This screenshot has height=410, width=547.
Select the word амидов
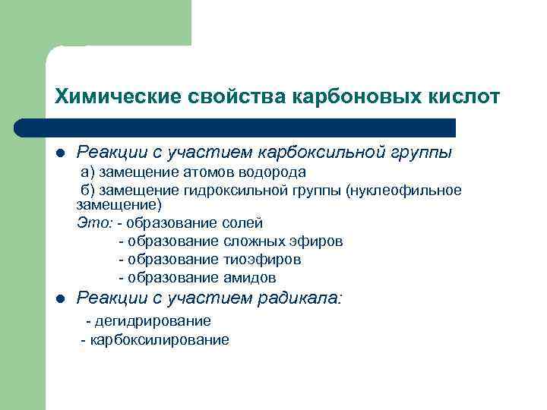pyautogui.click(x=250, y=278)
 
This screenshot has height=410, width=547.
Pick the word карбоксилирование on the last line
pyautogui.click(x=160, y=339)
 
